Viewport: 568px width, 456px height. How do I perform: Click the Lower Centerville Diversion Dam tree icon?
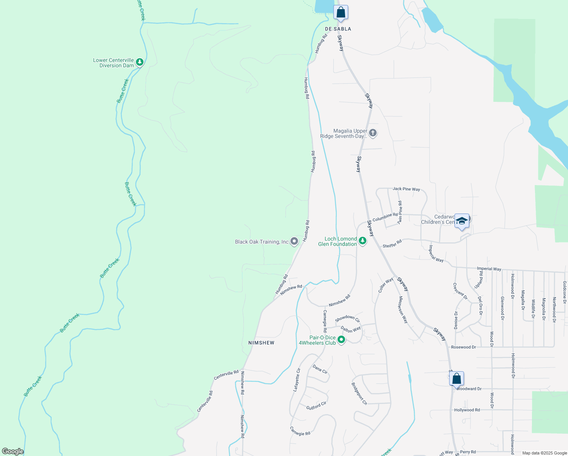click(140, 62)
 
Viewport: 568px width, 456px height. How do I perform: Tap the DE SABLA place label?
click(338, 29)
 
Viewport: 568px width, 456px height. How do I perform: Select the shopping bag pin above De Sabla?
click(341, 12)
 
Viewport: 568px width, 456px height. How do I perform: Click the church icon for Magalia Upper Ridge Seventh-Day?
click(373, 133)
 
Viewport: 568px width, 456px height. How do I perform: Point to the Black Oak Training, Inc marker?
click(294, 241)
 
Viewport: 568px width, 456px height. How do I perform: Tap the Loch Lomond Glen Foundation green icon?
click(363, 241)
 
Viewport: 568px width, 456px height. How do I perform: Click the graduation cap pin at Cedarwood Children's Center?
click(462, 221)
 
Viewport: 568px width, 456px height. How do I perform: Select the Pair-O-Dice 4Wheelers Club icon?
click(341, 340)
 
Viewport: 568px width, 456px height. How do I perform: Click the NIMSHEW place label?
click(261, 343)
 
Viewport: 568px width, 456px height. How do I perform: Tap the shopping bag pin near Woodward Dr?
click(457, 378)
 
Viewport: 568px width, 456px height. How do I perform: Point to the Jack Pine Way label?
click(406, 189)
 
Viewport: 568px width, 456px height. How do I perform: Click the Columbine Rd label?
click(385, 217)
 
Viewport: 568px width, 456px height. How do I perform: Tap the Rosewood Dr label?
click(463, 347)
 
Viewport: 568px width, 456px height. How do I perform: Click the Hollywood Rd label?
click(467, 410)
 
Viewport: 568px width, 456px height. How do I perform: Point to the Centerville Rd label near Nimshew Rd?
click(226, 375)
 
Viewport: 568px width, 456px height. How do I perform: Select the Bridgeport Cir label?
click(359, 393)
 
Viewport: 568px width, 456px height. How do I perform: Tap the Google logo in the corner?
click(13, 451)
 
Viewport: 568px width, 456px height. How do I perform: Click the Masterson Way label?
click(403, 310)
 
